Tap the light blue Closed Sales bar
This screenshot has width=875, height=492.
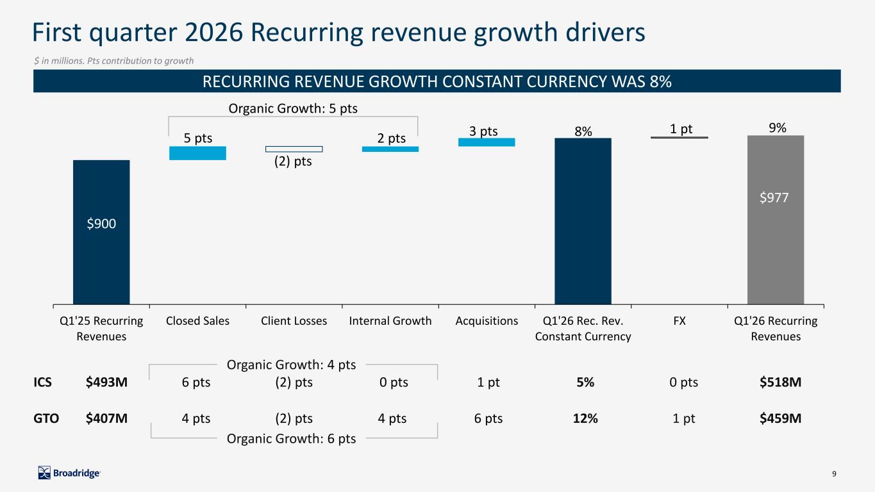[x=197, y=153]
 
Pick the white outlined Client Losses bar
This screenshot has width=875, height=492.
[x=294, y=149]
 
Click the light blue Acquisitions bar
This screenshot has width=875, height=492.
[x=487, y=142]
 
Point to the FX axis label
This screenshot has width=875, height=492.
[x=679, y=321]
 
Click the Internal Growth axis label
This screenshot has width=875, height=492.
[x=390, y=321]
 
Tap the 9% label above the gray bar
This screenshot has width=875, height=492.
[x=778, y=128]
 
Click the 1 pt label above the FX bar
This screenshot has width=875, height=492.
[x=681, y=129]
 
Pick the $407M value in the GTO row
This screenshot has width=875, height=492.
[x=106, y=419]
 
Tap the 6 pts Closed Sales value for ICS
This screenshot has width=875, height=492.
[x=196, y=382]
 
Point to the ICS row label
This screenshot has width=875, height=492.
[x=42, y=382]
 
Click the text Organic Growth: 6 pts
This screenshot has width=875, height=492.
[x=292, y=439]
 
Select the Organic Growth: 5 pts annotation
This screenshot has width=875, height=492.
[x=293, y=108]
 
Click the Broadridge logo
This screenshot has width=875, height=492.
[x=69, y=473]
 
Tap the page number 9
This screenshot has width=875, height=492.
[x=834, y=474]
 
